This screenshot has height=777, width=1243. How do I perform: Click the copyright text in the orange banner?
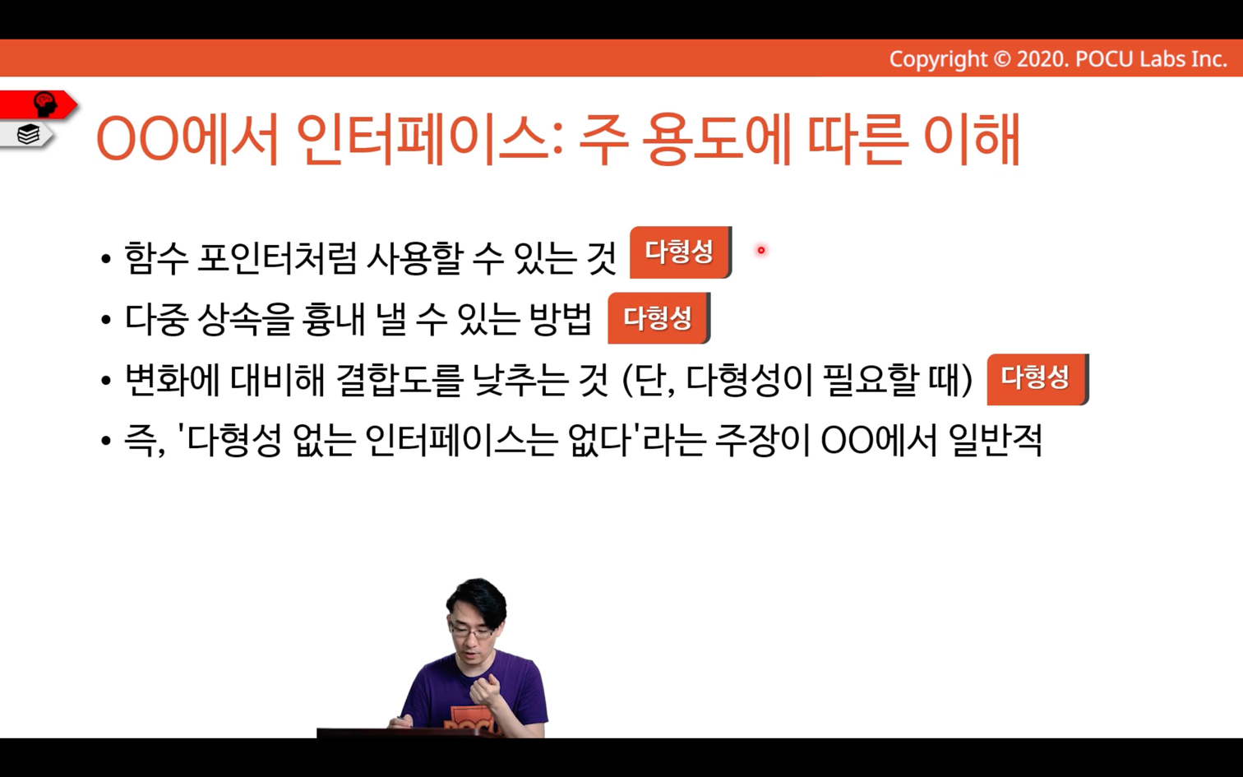click(x=1058, y=59)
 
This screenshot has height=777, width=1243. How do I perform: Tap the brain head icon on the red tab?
click(x=45, y=104)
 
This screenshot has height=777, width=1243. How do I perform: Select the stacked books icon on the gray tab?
click(x=28, y=134)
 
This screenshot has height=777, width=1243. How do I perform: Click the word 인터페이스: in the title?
click(x=430, y=139)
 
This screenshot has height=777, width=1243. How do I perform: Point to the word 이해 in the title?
click(x=972, y=139)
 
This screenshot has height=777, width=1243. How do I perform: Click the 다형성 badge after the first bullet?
click(x=681, y=252)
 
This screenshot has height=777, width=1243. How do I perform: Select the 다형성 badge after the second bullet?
click(x=658, y=318)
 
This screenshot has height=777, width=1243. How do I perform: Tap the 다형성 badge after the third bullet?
click(x=1037, y=379)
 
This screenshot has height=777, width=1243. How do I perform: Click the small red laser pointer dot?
click(x=760, y=250)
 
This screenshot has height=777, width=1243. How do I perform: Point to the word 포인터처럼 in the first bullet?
click(x=276, y=259)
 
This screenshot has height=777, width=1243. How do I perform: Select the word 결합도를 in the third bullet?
click(x=399, y=380)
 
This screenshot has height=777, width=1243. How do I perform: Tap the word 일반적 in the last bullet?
click(x=995, y=441)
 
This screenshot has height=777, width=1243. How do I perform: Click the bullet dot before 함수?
click(x=106, y=259)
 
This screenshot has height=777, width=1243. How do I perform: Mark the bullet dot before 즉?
click(x=106, y=442)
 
